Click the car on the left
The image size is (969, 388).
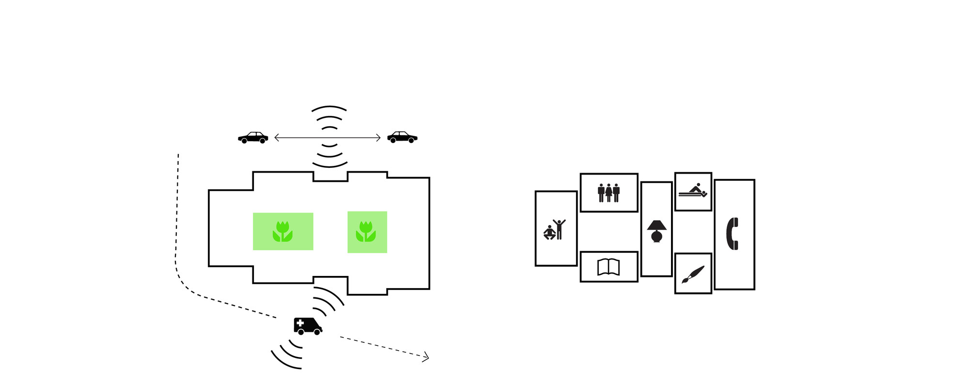pos(253,138)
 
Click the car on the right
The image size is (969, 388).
pos(402,137)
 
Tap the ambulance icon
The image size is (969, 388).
pos(308,326)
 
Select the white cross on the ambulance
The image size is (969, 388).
pos(300,323)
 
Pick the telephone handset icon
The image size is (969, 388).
pos(733,234)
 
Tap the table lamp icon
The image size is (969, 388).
pos(656,231)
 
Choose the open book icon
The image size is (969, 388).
pos(609,267)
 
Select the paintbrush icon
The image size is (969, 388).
pos(693,274)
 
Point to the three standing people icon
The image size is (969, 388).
pos(609,193)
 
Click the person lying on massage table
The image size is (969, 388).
pos(693,191)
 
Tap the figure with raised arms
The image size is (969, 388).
pos(560,229)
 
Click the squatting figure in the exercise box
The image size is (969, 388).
pos(549,232)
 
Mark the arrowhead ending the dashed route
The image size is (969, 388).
pos(426,358)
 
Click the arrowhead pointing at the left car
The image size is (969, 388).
pos(276,138)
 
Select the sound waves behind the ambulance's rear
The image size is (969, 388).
pos(288,353)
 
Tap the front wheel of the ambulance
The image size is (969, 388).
pos(317,332)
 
